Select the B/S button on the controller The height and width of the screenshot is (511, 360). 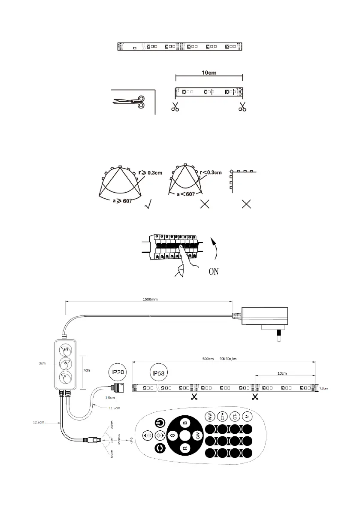[66, 350]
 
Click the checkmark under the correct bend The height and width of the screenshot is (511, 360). [149, 205]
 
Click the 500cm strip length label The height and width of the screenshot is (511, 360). [209, 359]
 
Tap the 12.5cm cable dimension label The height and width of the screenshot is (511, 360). [39, 422]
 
